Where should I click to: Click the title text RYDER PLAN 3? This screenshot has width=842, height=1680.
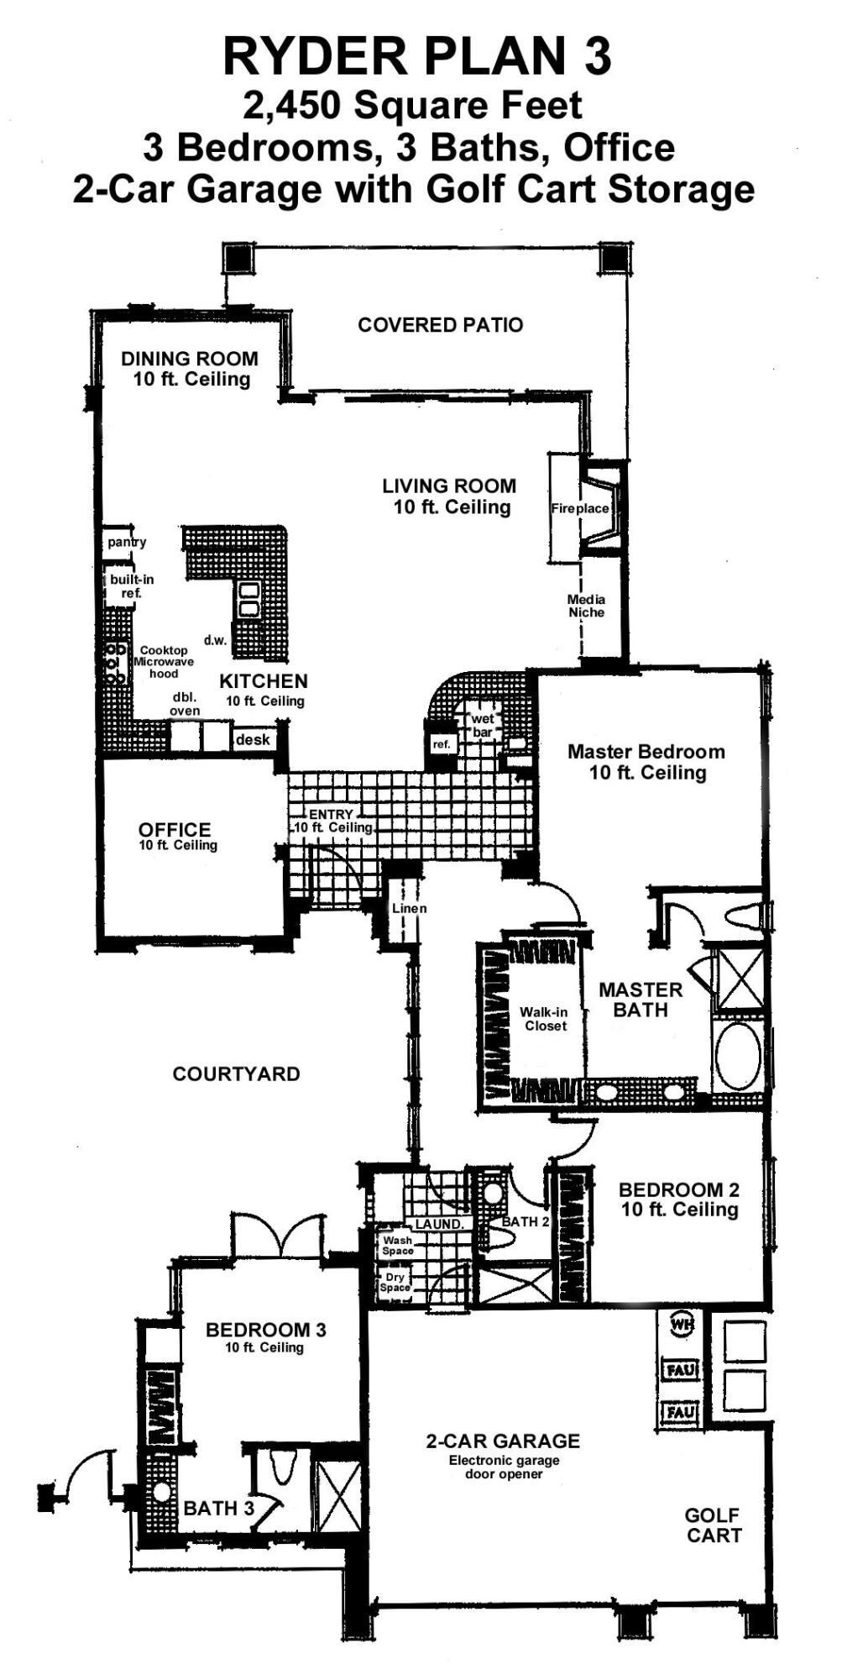tap(417, 57)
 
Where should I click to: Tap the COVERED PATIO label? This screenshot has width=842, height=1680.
tap(440, 325)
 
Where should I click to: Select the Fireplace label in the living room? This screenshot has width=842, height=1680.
tap(579, 509)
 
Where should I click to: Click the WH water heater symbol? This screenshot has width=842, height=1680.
tap(681, 1325)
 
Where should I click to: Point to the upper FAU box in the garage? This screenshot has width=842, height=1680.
tap(681, 1370)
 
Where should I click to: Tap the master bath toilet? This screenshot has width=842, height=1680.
tap(744, 916)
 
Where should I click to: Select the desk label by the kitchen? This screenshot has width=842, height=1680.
tap(253, 739)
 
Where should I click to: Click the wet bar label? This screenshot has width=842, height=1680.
tap(483, 725)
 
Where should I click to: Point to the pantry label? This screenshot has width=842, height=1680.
tap(127, 542)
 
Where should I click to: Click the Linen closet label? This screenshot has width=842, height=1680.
tap(410, 908)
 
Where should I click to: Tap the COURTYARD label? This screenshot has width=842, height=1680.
tap(236, 1074)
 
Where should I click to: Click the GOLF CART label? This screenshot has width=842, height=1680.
tap(713, 1525)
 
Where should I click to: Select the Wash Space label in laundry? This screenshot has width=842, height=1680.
tap(397, 1245)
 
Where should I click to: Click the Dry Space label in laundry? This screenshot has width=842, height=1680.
tap(395, 1282)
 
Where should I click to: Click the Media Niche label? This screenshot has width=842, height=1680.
tap(586, 606)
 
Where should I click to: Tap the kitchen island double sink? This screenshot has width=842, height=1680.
tap(249, 598)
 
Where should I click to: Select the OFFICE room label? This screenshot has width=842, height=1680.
tap(175, 830)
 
